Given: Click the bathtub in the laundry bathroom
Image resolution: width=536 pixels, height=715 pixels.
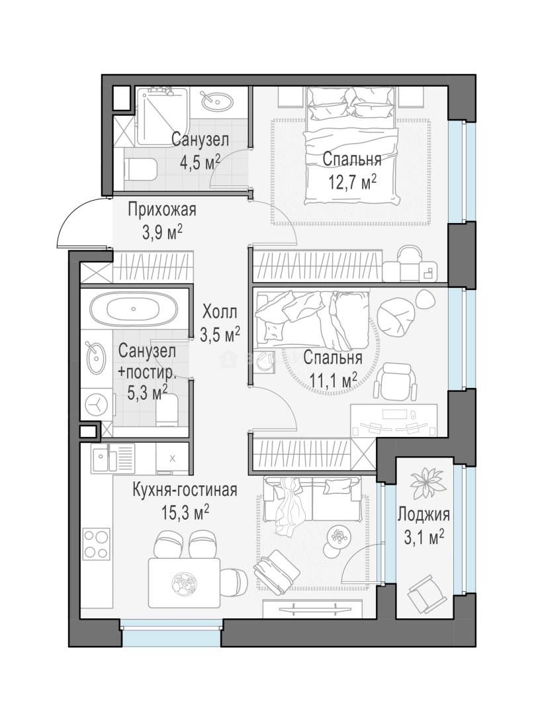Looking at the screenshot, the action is point(133,309).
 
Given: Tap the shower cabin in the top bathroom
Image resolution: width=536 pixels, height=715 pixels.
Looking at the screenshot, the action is point(161,116).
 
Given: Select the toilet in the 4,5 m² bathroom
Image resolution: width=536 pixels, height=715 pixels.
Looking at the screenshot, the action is point(141,169).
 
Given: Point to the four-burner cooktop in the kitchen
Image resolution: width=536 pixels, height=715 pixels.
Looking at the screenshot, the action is point(97,543).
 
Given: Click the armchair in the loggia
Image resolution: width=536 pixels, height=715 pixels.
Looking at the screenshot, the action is point(427,594).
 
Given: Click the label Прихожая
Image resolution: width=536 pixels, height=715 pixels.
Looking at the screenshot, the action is point(162,211).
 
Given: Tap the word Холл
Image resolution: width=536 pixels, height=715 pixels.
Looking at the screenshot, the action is point(220,312).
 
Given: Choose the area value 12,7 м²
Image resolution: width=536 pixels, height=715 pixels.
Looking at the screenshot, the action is point(352,182).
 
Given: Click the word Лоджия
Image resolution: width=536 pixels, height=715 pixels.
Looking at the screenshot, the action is point(424,514).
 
